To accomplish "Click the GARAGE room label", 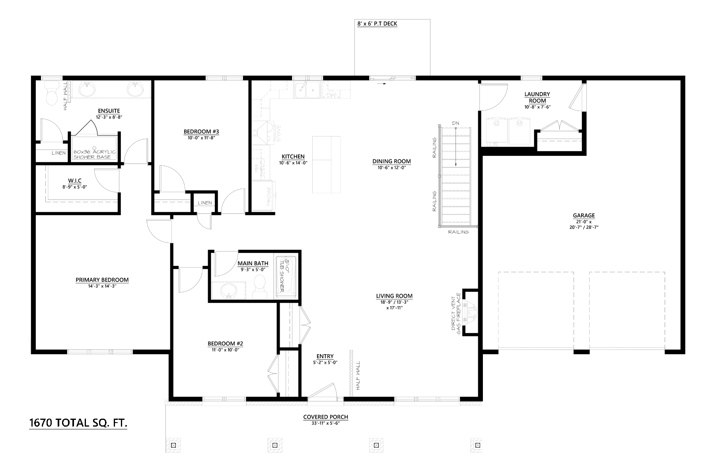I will (584, 216).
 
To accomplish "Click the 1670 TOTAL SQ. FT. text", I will (78, 423).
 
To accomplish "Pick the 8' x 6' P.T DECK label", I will (377, 24).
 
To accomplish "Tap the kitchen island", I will (326, 164).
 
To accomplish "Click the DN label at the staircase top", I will (455, 123).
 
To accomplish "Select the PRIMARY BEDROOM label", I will (102, 280).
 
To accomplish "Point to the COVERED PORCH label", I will (326, 417).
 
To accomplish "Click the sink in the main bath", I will (228, 289).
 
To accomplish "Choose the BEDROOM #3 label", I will (201, 132).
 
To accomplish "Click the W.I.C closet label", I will (75, 181).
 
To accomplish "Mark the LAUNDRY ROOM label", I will (537, 97).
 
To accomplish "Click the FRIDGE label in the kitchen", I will (269, 196).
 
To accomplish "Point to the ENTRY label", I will (325, 356).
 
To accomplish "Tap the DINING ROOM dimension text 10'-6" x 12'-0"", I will (392, 167).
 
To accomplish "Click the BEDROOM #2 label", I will (225, 343).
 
